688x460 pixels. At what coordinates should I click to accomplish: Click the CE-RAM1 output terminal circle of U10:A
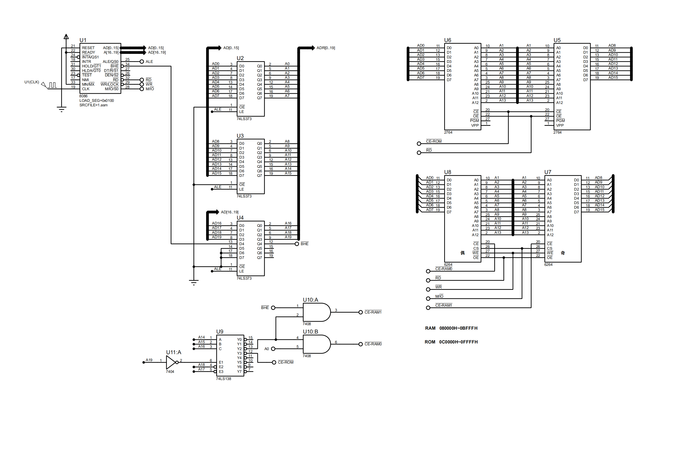click(x=361, y=312)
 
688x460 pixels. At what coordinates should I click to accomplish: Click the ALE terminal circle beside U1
click(x=142, y=62)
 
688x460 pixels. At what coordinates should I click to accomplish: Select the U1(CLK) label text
click(x=32, y=82)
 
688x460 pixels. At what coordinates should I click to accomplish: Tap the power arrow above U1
click(x=66, y=37)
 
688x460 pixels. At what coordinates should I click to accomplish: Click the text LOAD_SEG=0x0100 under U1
click(x=97, y=101)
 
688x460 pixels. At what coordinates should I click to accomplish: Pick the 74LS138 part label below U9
click(x=224, y=379)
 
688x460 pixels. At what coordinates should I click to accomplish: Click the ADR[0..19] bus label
click(x=326, y=48)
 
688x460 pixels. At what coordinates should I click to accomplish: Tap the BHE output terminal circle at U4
click(x=297, y=244)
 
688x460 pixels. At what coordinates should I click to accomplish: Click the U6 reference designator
click(x=448, y=40)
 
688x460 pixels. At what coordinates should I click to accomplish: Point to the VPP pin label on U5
click(x=560, y=126)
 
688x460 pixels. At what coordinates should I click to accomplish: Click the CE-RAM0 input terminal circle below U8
click(x=428, y=271)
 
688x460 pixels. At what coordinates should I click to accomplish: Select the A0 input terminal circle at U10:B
click(x=273, y=349)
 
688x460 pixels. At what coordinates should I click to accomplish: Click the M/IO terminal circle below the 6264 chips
click(x=428, y=299)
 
